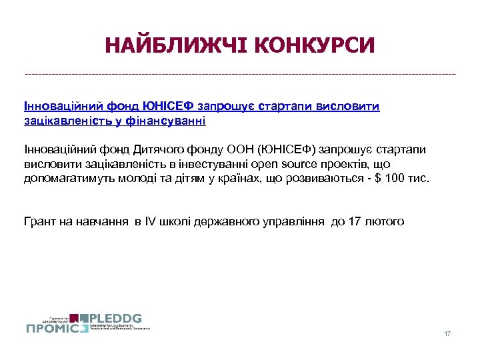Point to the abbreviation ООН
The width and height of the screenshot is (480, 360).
pyautogui.click(x=241, y=149)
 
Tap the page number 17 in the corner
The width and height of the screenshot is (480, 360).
pyautogui.click(x=447, y=333)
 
